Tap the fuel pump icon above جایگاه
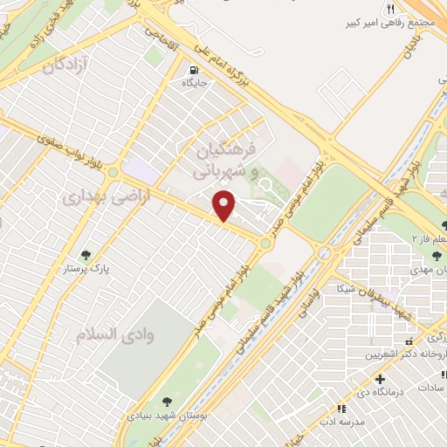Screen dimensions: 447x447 tap(192, 70)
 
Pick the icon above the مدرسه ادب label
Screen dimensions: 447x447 tap(340, 408)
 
